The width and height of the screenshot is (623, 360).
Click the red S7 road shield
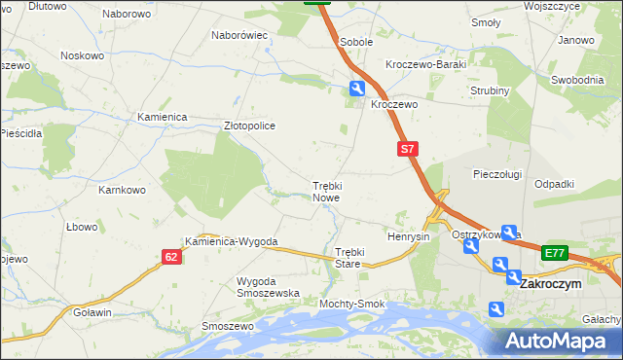point(408,149)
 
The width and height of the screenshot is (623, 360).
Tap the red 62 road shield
point(171,257)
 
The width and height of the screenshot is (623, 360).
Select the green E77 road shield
point(554,253)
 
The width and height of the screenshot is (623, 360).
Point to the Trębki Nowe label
point(326,191)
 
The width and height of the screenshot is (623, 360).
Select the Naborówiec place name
point(239,35)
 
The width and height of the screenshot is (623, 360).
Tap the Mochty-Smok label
point(351,304)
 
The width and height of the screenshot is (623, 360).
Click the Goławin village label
point(92,312)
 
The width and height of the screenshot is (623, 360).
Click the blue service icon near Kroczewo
point(358,90)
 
